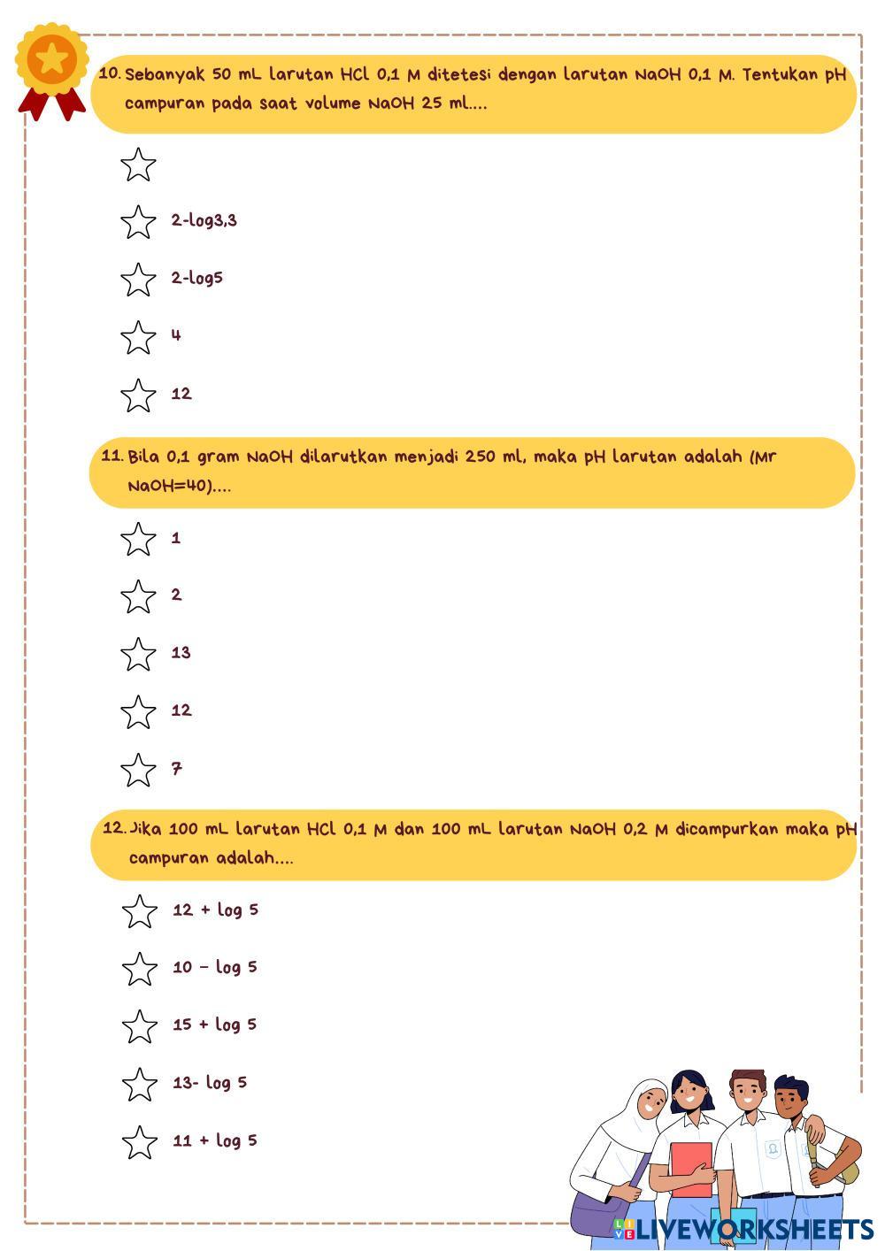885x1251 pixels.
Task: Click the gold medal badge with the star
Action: pyautogui.click(x=52, y=60)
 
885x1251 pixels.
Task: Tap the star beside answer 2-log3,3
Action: pyautogui.click(x=138, y=222)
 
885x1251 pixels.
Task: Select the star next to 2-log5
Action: pyautogui.click(x=138, y=280)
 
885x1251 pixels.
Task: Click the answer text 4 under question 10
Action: pyautogui.click(x=176, y=335)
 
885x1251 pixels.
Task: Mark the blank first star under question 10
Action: pyautogui.click(x=138, y=165)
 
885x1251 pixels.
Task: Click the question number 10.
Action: pyautogui.click(x=110, y=74)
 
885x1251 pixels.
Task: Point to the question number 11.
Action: pyautogui.click(x=112, y=457)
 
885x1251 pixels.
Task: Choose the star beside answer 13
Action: pyautogui.click(x=138, y=655)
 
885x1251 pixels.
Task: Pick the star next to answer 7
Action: pyautogui.click(x=138, y=770)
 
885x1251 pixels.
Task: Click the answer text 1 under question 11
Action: pyautogui.click(x=176, y=538)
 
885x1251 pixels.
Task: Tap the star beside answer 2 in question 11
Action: pyautogui.click(x=138, y=597)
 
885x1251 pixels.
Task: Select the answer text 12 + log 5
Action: pyautogui.click(x=215, y=909)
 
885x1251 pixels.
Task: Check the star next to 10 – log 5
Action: pyautogui.click(x=140, y=970)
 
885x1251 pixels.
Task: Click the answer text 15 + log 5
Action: pyautogui.click(x=214, y=1025)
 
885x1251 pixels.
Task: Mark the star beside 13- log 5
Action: pyautogui.click(x=140, y=1085)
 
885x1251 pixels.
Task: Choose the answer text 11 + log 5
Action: pyautogui.click(x=214, y=1140)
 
